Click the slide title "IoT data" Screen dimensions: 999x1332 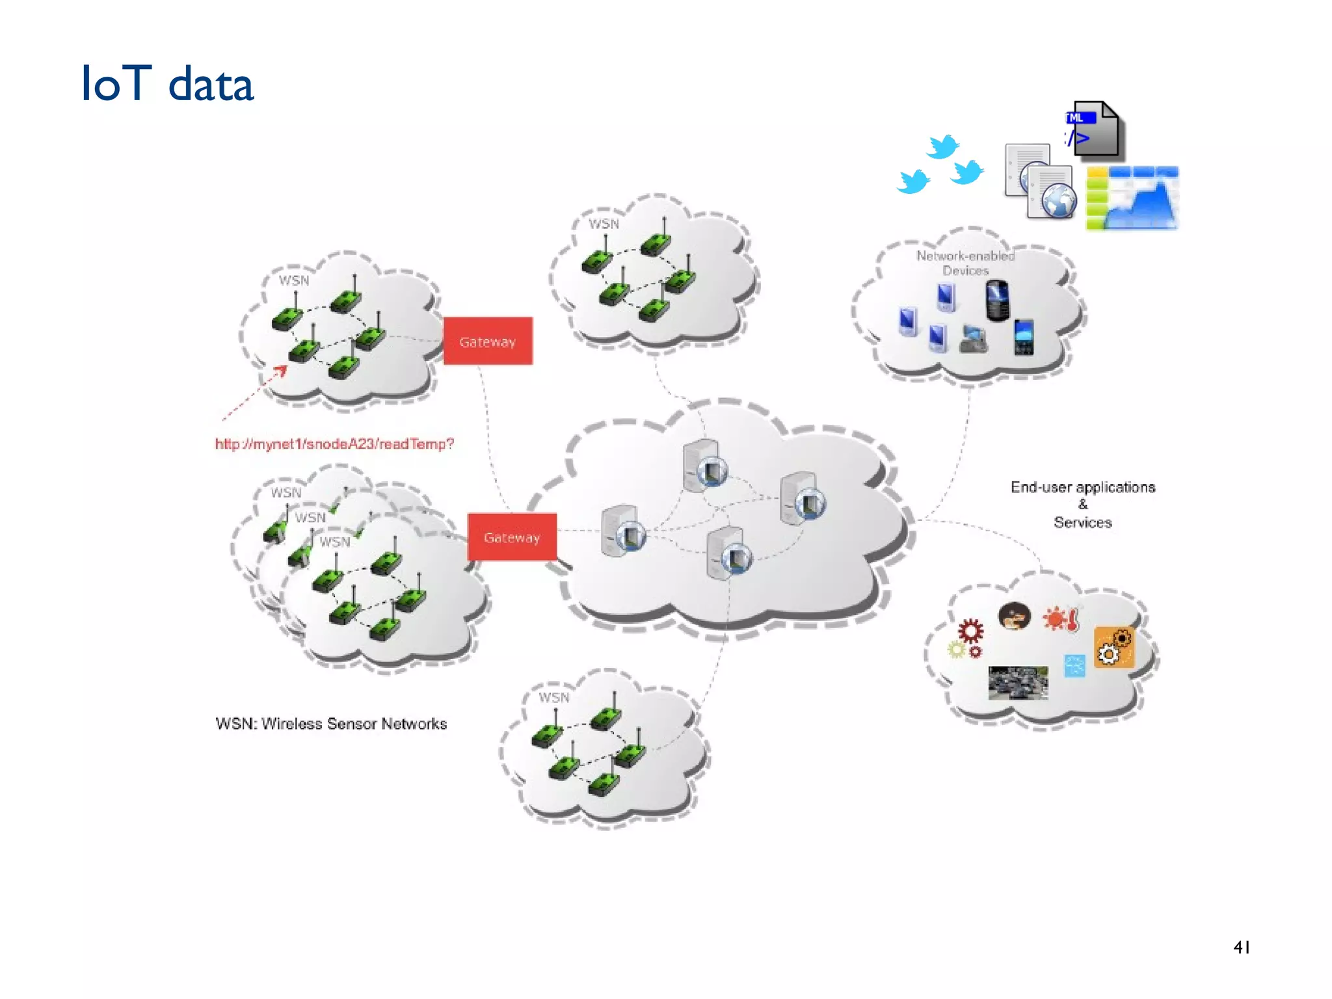pos(167,84)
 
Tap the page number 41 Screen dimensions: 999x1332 pos(1241,947)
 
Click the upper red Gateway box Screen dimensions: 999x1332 pos(488,341)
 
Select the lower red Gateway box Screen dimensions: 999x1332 pos(512,537)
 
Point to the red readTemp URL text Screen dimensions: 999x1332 pos(334,444)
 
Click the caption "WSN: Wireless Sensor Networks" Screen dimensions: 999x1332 pos(331,724)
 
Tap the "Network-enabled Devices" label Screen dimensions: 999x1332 pos(965,263)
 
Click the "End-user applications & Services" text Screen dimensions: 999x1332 pos(1082,504)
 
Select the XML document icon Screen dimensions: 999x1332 pos(1095,130)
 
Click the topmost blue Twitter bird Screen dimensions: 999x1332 pos(942,146)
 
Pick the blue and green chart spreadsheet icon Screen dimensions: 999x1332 pos(1132,198)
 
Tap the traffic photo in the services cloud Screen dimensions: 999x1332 pos(1018,682)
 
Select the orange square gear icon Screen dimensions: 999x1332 pos(1114,647)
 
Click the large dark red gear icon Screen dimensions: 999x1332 pos(970,630)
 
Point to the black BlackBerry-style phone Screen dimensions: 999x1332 pos(997,300)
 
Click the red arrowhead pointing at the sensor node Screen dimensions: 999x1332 pos(281,371)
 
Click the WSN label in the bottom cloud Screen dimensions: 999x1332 pos(553,697)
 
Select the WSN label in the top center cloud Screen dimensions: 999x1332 pos(604,224)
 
